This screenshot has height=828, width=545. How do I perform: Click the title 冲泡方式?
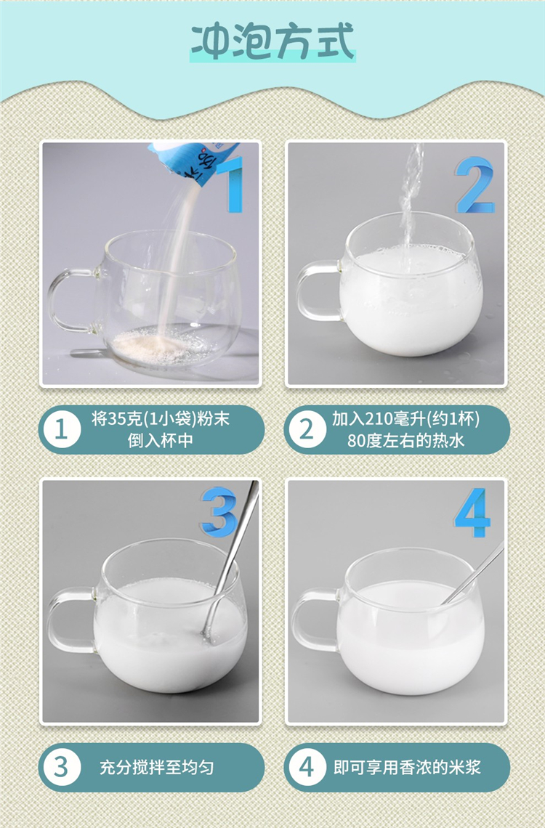[272, 41]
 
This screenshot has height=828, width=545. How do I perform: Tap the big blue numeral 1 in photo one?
[233, 184]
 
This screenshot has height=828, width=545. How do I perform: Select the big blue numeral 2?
[475, 184]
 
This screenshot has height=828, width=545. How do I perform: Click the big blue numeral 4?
[472, 512]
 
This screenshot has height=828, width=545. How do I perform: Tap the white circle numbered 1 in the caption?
[62, 429]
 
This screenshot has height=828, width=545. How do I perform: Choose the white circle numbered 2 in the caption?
[307, 429]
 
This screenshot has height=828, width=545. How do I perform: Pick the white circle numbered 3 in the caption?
[62, 767]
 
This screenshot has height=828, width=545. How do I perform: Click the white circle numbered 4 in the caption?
[307, 767]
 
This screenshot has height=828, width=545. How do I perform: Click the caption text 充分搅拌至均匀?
[157, 767]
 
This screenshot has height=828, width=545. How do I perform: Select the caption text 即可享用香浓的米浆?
[407, 767]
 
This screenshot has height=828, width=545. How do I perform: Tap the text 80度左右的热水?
[405, 440]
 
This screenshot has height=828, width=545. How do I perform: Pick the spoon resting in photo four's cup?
[473, 574]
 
